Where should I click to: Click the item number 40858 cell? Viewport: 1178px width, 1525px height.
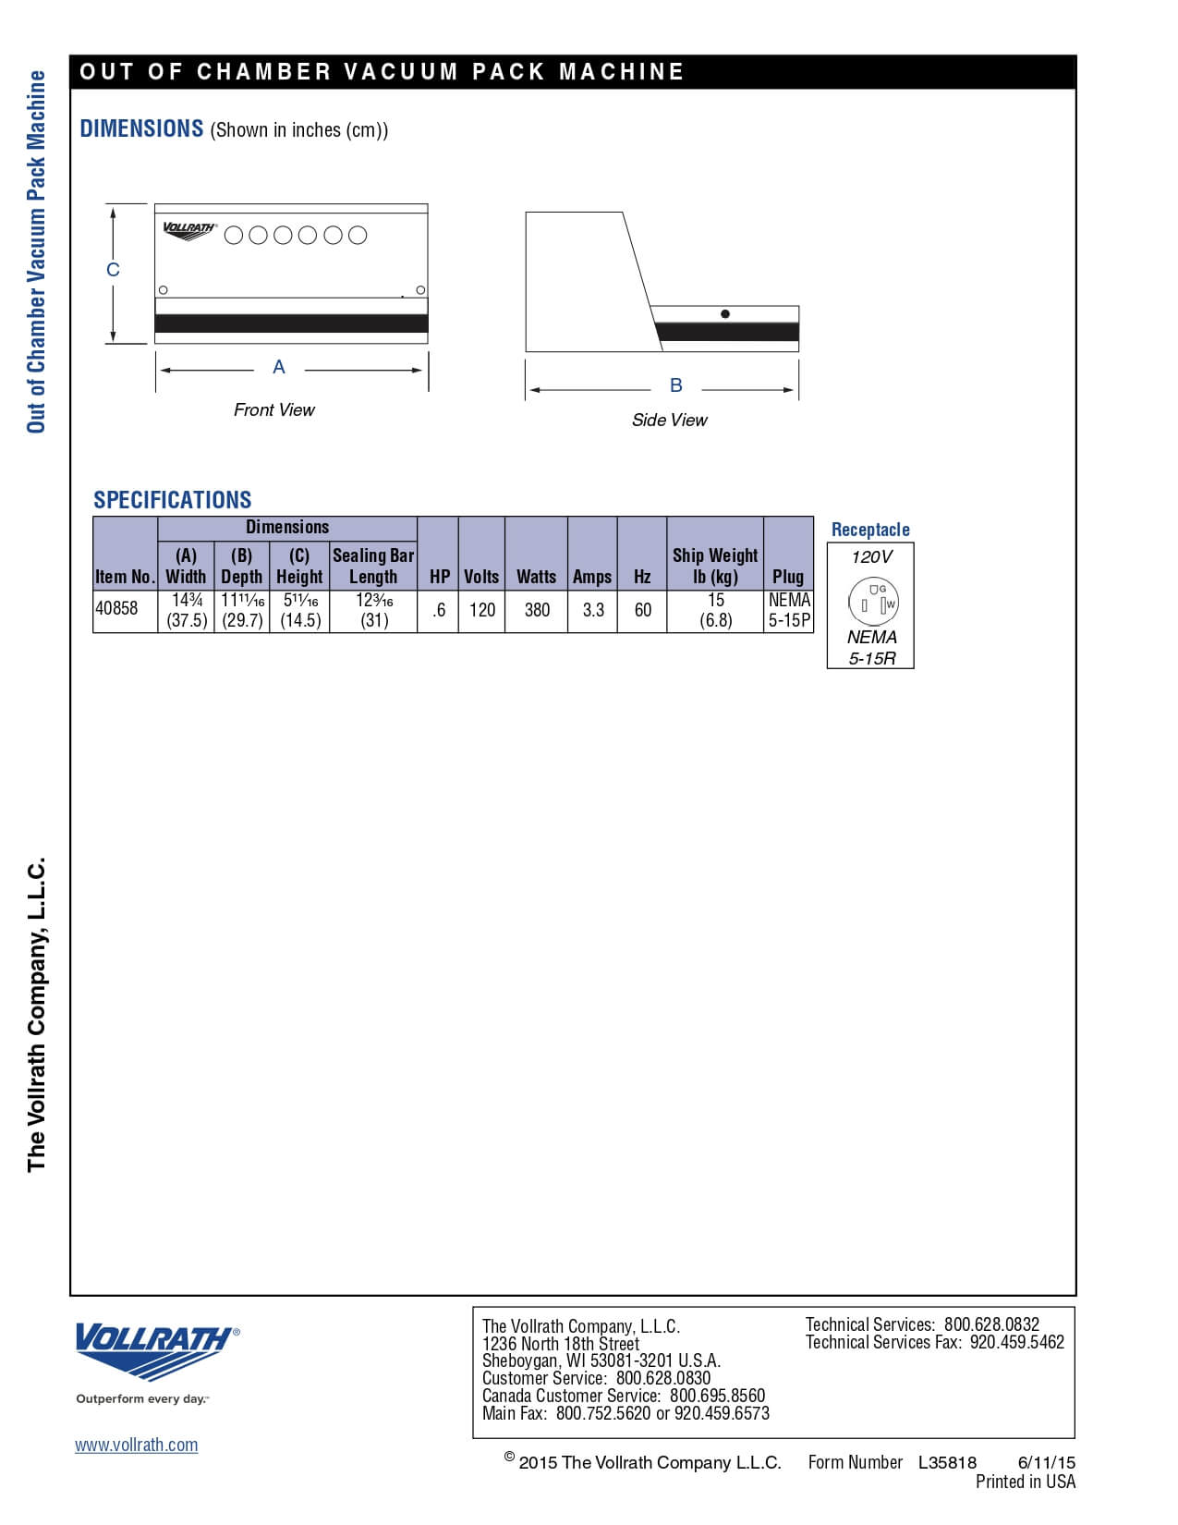pyautogui.click(x=117, y=608)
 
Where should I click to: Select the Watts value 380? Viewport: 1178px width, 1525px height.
pyautogui.click(x=537, y=610)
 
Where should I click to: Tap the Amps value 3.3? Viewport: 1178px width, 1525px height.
pyautogui.click(x=593, y=610)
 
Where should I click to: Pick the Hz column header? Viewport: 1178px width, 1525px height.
pyautogui.click(x=642, y=577)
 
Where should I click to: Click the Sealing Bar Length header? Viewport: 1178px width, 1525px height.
pyautogui.click(x=373, y=566)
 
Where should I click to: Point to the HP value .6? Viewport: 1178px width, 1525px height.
pyautogui.click(x=439, y=610)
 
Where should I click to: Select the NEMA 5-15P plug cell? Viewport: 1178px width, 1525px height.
pyautogui.click(x=789, y=610)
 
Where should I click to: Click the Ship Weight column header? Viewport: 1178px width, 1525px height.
pyautogui.click(x=715, y=566)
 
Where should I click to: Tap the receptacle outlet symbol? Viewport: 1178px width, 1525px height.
pyautogui.click(x=872, y=602)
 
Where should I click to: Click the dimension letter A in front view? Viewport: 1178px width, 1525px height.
pyautogui.click(x=279, y=368)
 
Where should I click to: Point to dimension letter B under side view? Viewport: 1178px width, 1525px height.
pyautogui.click(x=675, y=385)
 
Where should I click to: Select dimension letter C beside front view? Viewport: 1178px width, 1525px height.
pyautogui.click(x=113, y=270)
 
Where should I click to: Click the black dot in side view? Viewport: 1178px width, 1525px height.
pyautogui.click(x=725, y=314)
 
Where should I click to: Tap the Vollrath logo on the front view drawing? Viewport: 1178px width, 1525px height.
pyautogui.click(x=188, y=230)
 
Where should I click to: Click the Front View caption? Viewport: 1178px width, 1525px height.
pyautogui.click(x=273, y=409)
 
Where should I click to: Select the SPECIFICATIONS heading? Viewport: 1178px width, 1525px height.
pyautogui.click(x=173, y=500)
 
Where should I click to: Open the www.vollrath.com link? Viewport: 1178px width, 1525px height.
pyautogui.click(x=137, y=1445)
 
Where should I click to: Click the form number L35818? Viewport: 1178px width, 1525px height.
pyautogui.click(x=947, y=1462)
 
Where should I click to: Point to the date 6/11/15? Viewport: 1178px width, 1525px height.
pyautogui.click(x=1046, y=1462)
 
